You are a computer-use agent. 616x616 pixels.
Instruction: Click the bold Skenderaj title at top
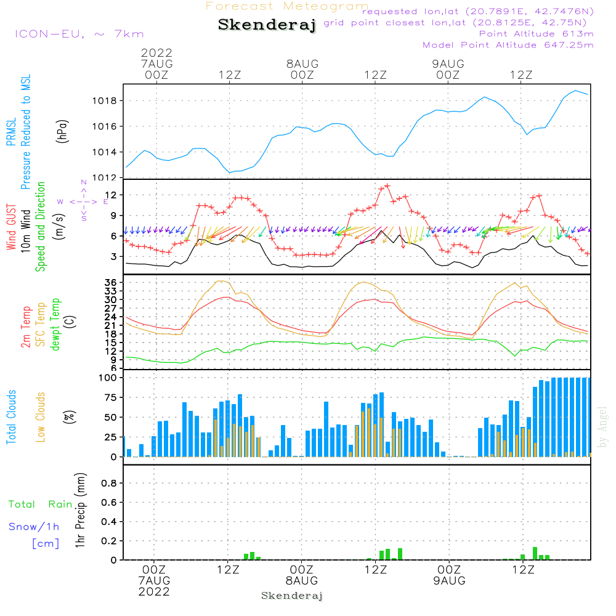coord(267,25)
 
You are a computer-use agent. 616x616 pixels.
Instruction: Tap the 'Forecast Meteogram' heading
coord(287,6)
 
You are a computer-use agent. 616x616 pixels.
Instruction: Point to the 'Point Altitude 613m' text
coord(536,33)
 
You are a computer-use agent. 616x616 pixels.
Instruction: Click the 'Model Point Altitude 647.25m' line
coord(508,44)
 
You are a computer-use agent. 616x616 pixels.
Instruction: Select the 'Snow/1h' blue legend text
coord(34,527)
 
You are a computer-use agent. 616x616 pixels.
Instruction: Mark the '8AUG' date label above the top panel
coord(302,63)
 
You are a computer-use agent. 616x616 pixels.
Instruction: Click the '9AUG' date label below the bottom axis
coord(449,581)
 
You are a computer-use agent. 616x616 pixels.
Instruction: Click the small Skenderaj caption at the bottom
coord(292,596)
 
